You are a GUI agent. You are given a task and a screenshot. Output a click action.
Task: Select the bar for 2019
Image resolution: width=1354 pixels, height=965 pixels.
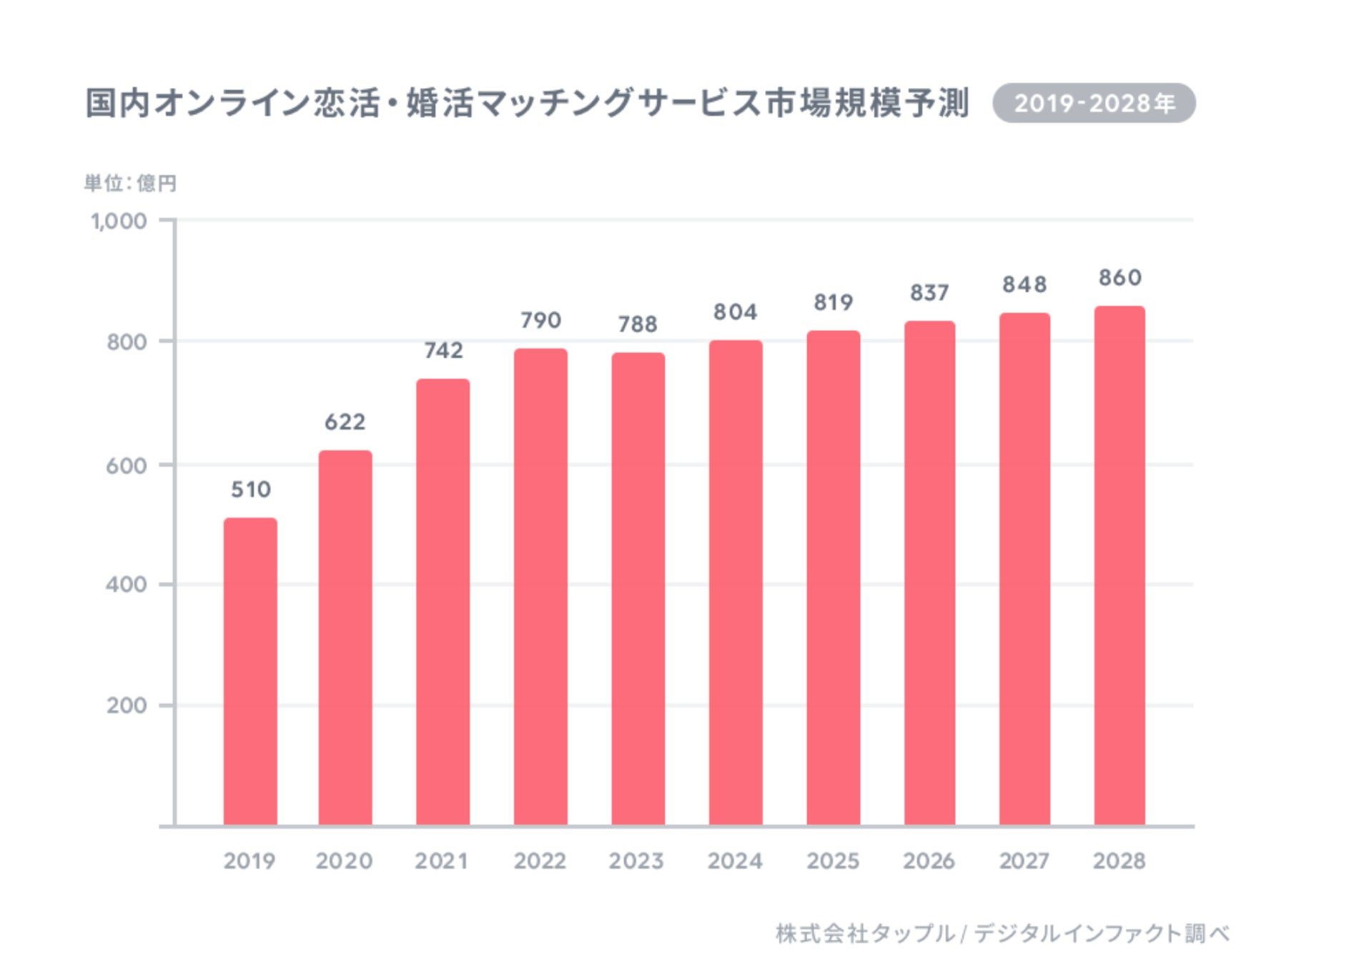click(x=250, y=672)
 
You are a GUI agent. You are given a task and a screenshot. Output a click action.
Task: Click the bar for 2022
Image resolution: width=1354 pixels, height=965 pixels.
click(x=540, y=586)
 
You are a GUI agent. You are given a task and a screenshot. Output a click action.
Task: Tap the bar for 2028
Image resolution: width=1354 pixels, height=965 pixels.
click(x=1120, y=565)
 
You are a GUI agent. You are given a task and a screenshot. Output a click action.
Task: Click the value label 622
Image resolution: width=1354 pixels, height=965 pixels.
click(x=345, y=422)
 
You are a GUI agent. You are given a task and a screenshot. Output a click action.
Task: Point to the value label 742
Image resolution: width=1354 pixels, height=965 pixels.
click(x=443, y=350)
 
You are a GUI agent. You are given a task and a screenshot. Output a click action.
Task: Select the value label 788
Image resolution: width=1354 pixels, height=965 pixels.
click(x=638, y=325)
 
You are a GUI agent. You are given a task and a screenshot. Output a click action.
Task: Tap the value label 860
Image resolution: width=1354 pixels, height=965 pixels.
click(x=1120, y=277)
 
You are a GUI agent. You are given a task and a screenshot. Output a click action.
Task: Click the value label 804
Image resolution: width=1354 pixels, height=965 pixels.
click(x=735, y=312)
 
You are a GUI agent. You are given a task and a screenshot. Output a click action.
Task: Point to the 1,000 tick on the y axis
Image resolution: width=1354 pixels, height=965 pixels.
click(x=119, y=222)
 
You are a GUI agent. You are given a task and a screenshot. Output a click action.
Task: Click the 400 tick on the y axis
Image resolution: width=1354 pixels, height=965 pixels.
click(x=127, y=585)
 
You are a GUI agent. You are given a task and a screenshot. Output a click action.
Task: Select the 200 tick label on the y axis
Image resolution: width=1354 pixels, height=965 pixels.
click(x=127, y=706)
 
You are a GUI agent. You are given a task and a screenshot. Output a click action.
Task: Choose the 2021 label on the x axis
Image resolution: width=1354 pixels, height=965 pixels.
click(x=442, y=861)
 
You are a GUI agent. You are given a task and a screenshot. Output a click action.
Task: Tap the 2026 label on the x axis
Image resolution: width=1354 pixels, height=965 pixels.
click(x=929, y=861)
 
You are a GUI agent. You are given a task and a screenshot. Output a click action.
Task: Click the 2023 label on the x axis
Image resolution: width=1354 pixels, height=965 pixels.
click(x=636, y=861)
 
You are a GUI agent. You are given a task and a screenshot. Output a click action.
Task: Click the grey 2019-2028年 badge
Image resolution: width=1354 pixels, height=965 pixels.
click(x=1094, y=104)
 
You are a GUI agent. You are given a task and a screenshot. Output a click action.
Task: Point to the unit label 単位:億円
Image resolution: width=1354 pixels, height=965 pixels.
click(x=130, y=184)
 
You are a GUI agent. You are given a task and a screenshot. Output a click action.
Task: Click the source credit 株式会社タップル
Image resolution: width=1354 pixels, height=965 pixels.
click(x=865, y=934)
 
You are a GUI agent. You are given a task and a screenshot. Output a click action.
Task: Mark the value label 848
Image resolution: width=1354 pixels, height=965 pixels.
click(x=1024, y=284)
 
